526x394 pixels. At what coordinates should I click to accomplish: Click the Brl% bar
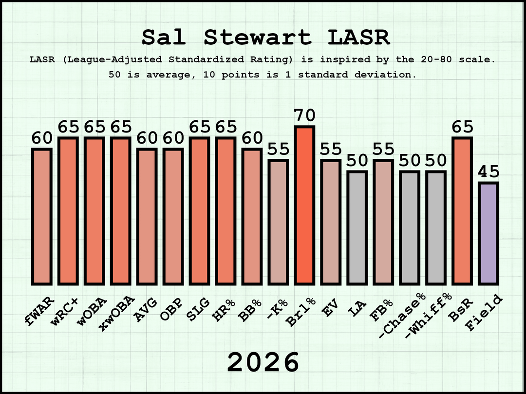click(x=304, y=206)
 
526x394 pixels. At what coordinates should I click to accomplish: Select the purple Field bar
click(x=488, y=234)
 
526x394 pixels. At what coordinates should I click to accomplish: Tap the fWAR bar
click(x=41, y=217)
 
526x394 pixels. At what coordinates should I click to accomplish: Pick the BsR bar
click(x=462, y=211)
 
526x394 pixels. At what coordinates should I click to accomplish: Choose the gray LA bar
click(x=357, y=228)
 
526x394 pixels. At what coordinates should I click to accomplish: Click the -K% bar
click(x=278, y=223)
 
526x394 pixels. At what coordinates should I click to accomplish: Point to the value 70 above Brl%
click(x=304, y=116)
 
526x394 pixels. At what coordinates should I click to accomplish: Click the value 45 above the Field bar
click(x=488, y=172)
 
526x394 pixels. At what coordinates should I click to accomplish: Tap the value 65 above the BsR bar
click(x=462, y=127)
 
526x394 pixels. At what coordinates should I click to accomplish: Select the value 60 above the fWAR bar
click(x=42, y=138)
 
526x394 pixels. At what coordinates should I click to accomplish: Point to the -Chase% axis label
click(x=402, y=315)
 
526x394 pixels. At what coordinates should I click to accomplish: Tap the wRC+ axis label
click(x=64, y=311)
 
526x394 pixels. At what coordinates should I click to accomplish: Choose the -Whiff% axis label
click(x=429, y=315)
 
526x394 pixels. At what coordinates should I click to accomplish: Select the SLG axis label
click(x=198, y=309)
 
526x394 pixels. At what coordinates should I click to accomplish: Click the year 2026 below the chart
click(x=263, y=362)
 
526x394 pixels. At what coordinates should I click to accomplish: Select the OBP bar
click(x=173, y=217)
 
